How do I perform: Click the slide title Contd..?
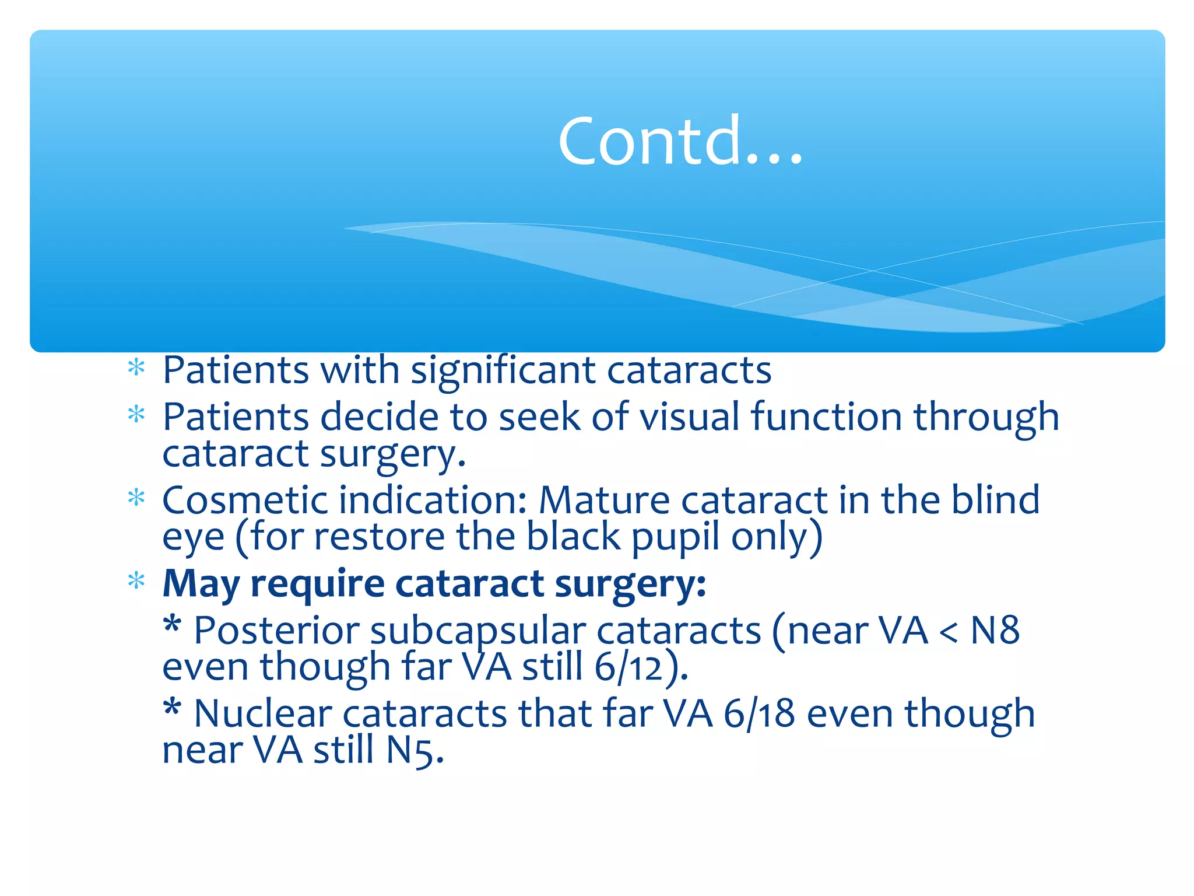pos(680,141)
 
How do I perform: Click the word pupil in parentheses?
pos(676,537)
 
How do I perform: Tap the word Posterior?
pos(276,631)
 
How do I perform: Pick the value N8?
pos(995,631)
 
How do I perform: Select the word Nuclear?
pos(262,713)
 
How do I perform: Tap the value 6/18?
pos(758,713)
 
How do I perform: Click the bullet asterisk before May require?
pos(136,580)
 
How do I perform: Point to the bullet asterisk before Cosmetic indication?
pos(136,498)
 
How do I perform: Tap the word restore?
pos(380,537)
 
